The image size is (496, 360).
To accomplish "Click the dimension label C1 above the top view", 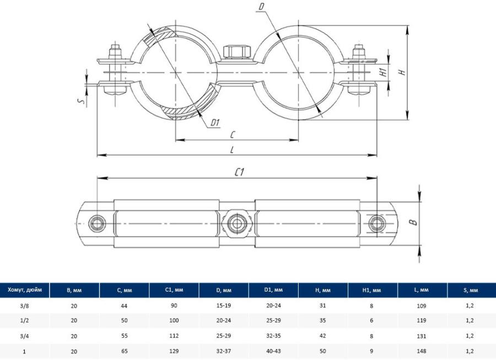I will pos(239,172).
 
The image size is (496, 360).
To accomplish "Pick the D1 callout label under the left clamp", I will pos(215,122).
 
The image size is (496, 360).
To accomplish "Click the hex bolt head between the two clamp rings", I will pos(238,52).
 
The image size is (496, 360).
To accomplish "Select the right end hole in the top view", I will pos(377,223).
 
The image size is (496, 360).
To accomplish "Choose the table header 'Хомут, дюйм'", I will pos(25,290).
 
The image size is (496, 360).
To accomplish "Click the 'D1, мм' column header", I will pos(273,290).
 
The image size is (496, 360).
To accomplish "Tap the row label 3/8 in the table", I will pos(25,304).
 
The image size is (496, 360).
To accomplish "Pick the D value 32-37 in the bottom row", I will pos(224,351).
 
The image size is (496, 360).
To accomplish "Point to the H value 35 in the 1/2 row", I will pos(323,320).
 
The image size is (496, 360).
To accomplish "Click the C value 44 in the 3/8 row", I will pos(124,304).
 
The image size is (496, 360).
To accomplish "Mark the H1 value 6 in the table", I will pos(373,320).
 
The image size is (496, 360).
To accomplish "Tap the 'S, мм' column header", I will pos(471,290).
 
